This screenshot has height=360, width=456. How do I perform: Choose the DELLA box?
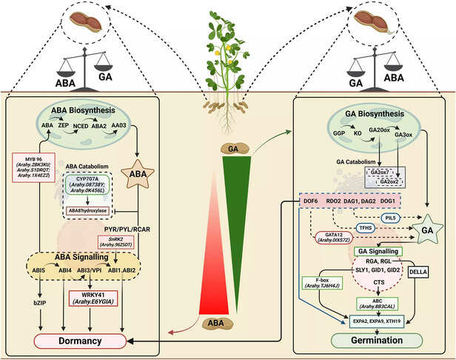point(420,271)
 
